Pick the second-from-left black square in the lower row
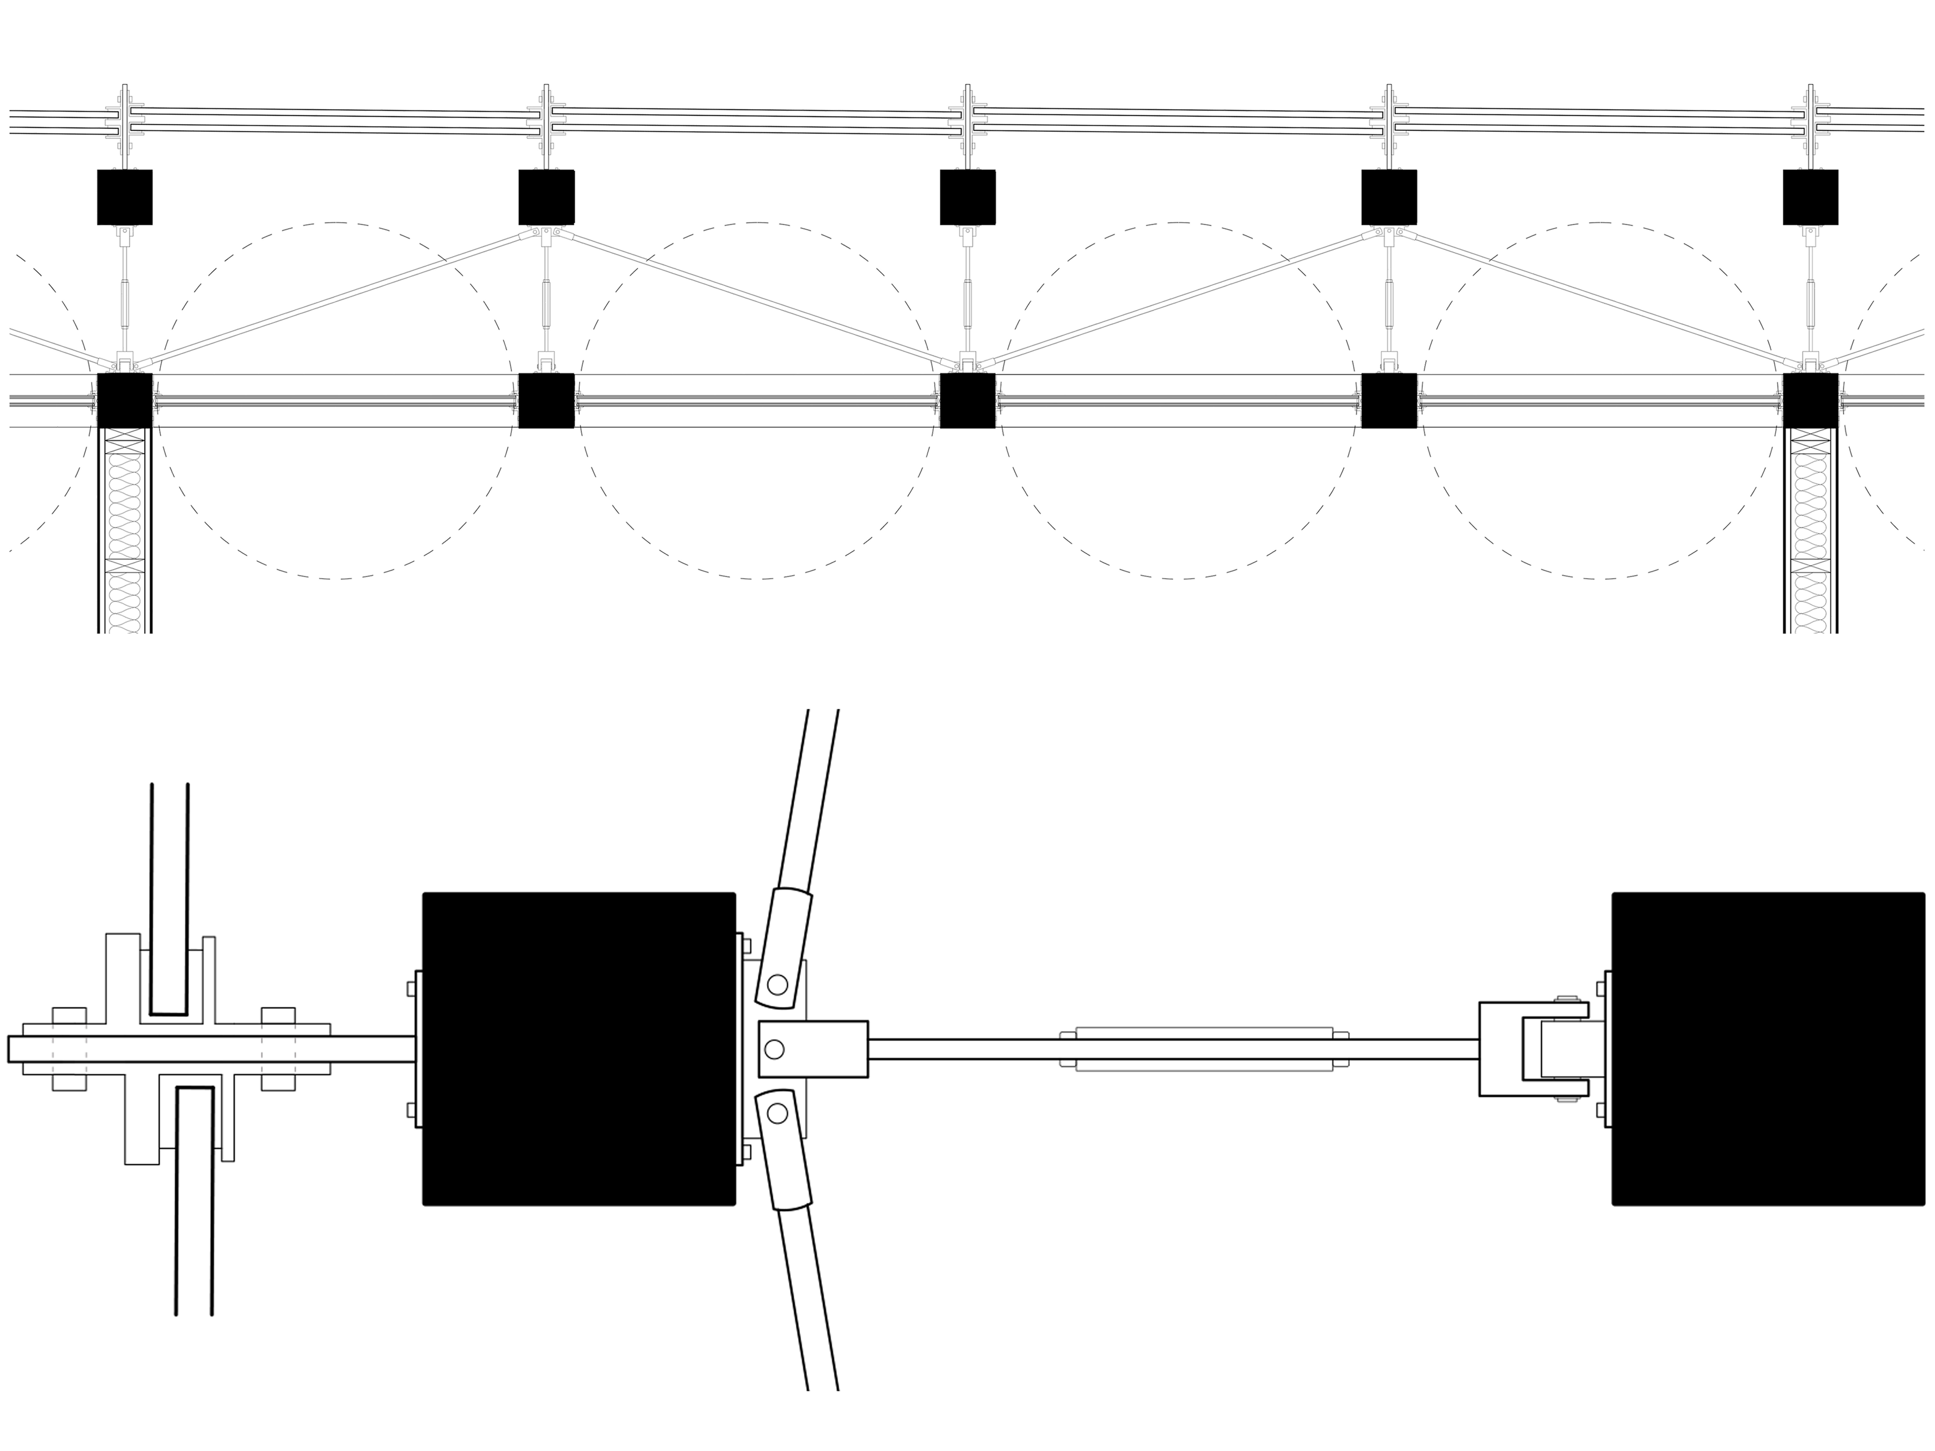pyautogui.click(x=546, y=401)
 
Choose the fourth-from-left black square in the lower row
pyautogui.click(x=1388, y=401)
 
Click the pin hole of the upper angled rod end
pyautogui.click(x=777, y=985)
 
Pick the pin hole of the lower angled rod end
pyautogui.click(x=777, y=1114)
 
